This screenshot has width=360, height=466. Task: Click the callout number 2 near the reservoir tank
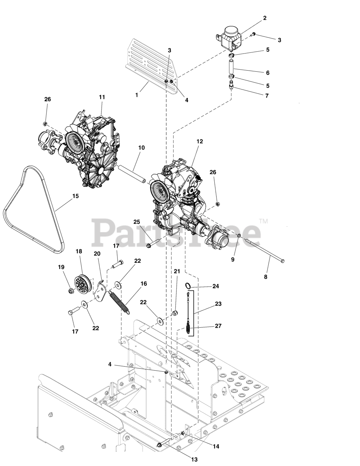265,18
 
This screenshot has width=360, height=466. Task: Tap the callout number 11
102,97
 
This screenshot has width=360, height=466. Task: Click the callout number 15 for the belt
75,196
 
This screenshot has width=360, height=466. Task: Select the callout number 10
141,148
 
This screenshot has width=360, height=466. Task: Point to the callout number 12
199,141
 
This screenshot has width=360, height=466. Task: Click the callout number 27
218,326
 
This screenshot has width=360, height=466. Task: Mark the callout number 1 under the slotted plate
137,95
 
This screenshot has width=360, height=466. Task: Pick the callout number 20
97,253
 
